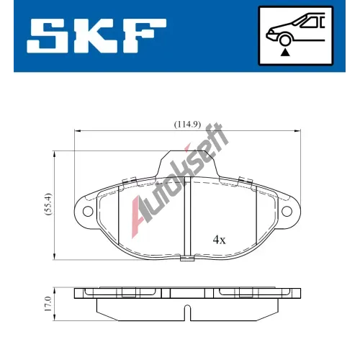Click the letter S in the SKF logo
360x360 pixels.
click(48, 36)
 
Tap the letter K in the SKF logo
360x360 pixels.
click(96, 36)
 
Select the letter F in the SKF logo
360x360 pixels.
click(143, 36)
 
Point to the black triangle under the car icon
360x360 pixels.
click(285, 53)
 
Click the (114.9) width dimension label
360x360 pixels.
click(187, 125)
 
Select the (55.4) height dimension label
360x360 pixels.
click(48, 204)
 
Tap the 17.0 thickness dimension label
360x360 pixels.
click(48, 304)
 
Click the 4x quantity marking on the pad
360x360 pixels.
click(219, 240)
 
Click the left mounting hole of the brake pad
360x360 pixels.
click(88, 211)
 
